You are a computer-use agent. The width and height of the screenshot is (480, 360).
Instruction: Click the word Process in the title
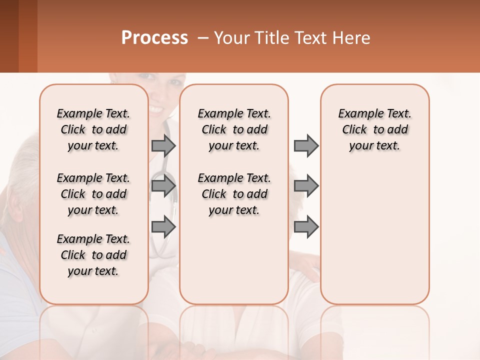(154, 38)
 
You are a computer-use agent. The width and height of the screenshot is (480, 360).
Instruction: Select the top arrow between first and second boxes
(163, 145)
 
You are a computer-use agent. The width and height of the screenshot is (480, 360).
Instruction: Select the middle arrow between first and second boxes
(163, 186)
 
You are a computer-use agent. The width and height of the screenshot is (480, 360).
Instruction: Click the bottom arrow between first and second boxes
(163, 226)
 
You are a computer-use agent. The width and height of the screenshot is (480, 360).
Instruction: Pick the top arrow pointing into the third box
(306, 145)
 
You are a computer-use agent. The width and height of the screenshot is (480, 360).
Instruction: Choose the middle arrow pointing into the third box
(306, 186)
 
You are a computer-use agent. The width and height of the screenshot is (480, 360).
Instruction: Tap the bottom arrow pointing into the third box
(306, 226)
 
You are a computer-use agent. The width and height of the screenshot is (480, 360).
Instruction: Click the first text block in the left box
(93, 129)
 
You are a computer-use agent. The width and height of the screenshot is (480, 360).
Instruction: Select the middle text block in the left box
(93, 194)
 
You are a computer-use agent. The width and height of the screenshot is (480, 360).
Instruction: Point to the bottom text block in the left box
(93, 255)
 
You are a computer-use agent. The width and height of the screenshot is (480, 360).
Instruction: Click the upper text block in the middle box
(234, 129)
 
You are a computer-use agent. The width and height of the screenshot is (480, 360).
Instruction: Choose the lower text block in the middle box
(234, 194)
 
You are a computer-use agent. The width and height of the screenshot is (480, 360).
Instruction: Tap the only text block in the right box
(374, 129)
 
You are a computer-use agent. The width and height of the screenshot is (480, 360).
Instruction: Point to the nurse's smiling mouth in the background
(156, 109)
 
